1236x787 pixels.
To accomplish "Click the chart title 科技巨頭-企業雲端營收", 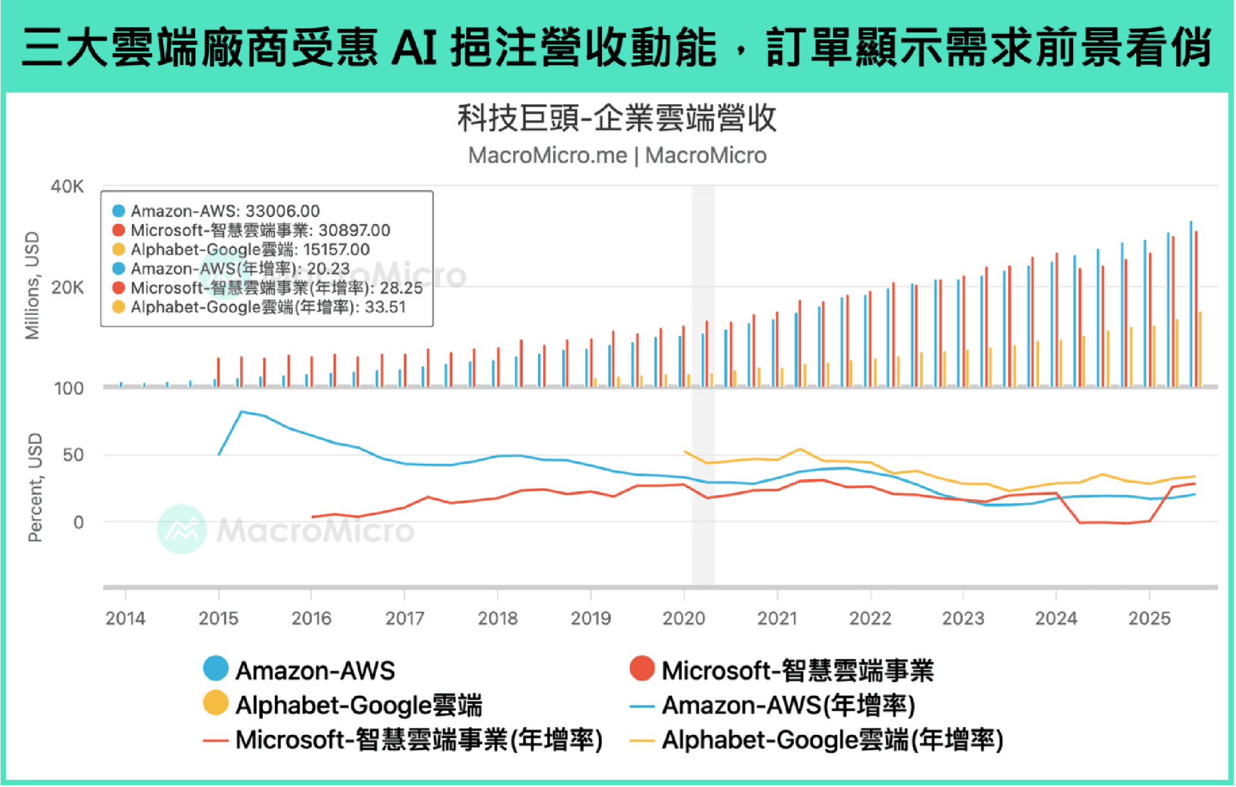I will [617, 119].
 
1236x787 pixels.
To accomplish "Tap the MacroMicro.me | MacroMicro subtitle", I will [617, 156].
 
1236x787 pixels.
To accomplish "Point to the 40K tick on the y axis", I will [67, 187].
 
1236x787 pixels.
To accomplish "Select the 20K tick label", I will [67, 287].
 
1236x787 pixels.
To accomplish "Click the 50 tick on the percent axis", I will [73, 455].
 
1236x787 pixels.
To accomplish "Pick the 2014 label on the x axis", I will [125, 618].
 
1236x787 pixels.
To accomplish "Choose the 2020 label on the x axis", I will [684, 618].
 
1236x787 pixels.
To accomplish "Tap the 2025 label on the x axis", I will [1149, 618].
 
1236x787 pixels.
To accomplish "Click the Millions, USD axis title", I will [32, 285].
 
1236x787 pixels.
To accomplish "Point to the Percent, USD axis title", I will [35, 488].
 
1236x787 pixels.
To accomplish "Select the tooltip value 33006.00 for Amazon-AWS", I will [283, 211].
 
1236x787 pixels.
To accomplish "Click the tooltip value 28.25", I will [401, 288].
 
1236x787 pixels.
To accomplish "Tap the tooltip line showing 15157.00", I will [250, 249].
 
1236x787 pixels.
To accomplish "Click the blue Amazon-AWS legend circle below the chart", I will [216, 669].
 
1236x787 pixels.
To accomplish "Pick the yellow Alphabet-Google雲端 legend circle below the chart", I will [216, 703].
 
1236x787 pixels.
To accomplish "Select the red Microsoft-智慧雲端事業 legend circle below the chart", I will [642, 669].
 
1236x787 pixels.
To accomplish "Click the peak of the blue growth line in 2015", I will [241, 412].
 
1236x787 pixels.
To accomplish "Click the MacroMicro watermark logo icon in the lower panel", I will [182, 529].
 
